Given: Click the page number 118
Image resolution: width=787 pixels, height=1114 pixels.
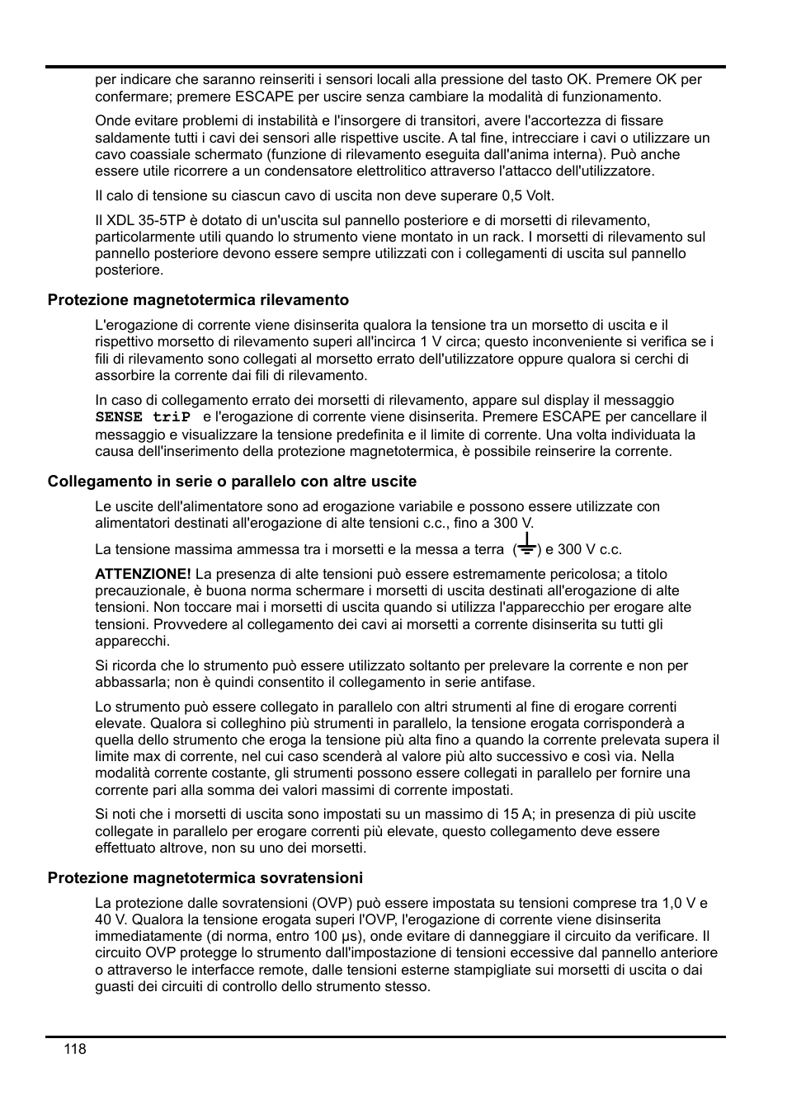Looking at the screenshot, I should (74, 1049).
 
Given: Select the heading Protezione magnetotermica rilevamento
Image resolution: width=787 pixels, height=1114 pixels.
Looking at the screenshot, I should (198, 300).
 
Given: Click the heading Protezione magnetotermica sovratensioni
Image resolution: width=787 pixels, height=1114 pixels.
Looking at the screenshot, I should (205, 878).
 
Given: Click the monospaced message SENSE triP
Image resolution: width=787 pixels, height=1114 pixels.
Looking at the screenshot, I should (143, 417).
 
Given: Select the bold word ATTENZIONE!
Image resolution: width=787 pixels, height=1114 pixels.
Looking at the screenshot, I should (143, 575).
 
